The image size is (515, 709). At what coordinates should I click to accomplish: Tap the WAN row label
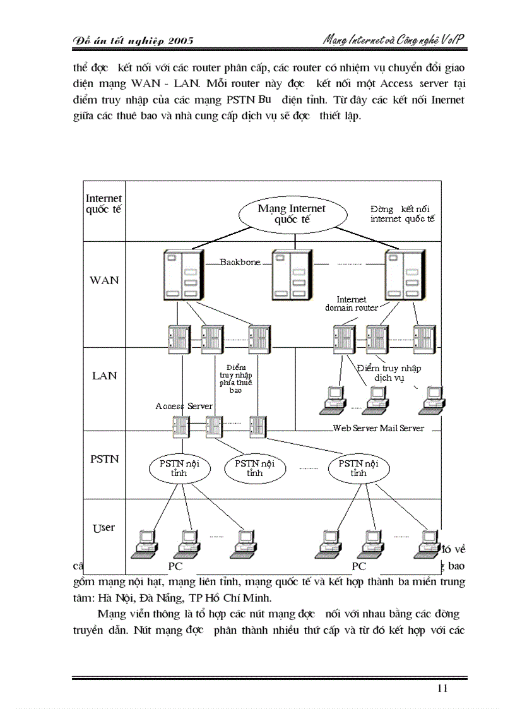[x=104, y=280]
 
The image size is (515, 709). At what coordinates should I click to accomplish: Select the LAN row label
[x=104, y=376]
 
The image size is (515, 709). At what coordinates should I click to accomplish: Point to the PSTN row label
[x=104, y=459]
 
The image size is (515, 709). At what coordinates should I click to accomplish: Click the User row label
[x=104, y=527]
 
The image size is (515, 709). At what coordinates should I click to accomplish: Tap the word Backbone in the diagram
[x=240, y=262]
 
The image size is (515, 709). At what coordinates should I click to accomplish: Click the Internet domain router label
[x=352, y=304]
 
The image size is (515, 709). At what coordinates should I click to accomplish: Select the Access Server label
[x=184, y=406]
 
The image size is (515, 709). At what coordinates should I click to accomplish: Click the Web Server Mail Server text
[x=378, y=428]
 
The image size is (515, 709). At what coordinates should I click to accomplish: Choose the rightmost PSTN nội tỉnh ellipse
[x=358, y=468]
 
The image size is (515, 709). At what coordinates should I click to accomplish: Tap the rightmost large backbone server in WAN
[x=404, y=274]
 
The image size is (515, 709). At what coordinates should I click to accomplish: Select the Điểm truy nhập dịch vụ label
[x=388, y=373]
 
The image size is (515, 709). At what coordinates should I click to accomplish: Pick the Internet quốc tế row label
[x=104, y=204]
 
